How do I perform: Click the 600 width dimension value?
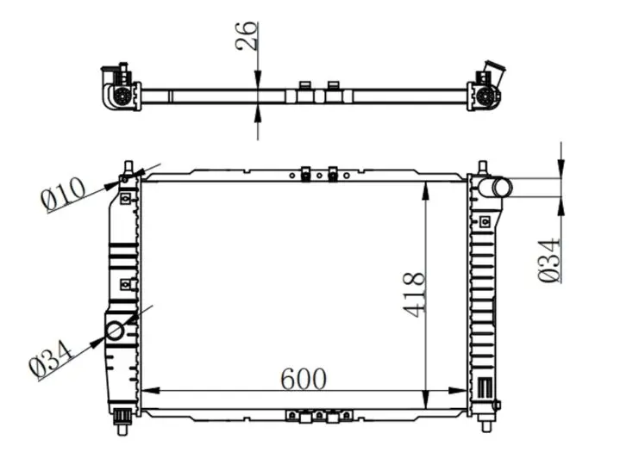click(x=304, y=379)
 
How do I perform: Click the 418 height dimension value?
click(x=415, y=294)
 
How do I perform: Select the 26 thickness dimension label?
click(x=246, y=35)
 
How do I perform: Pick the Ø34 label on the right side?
click(x=549, y=260)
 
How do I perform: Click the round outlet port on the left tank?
click(x=115, y=331)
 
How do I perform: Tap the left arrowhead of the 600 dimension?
click(x=150, y=391)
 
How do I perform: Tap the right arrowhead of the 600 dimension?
click(x=458, y=391)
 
